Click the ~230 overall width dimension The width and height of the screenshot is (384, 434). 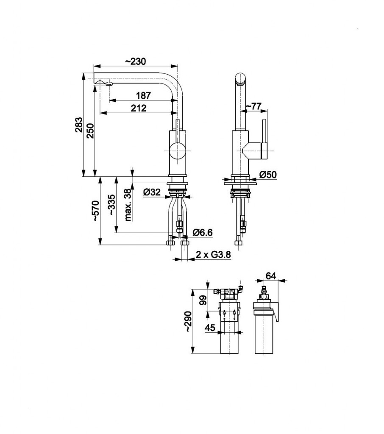(x=136, y=61)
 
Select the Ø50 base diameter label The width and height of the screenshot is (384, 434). (x=267, y=175)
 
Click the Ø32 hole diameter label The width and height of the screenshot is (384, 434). (x=152, y=192)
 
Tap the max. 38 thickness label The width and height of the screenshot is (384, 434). (x=128, y=205)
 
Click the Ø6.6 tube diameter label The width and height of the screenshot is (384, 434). (x=202, y=232)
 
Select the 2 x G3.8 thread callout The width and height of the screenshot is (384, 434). (x=212, y=255)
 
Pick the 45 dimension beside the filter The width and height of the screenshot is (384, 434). (x=211, y=327)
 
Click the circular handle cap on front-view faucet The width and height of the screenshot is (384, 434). (x=177, y=151)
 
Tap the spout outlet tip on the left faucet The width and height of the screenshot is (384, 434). (x=101, y=83)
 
